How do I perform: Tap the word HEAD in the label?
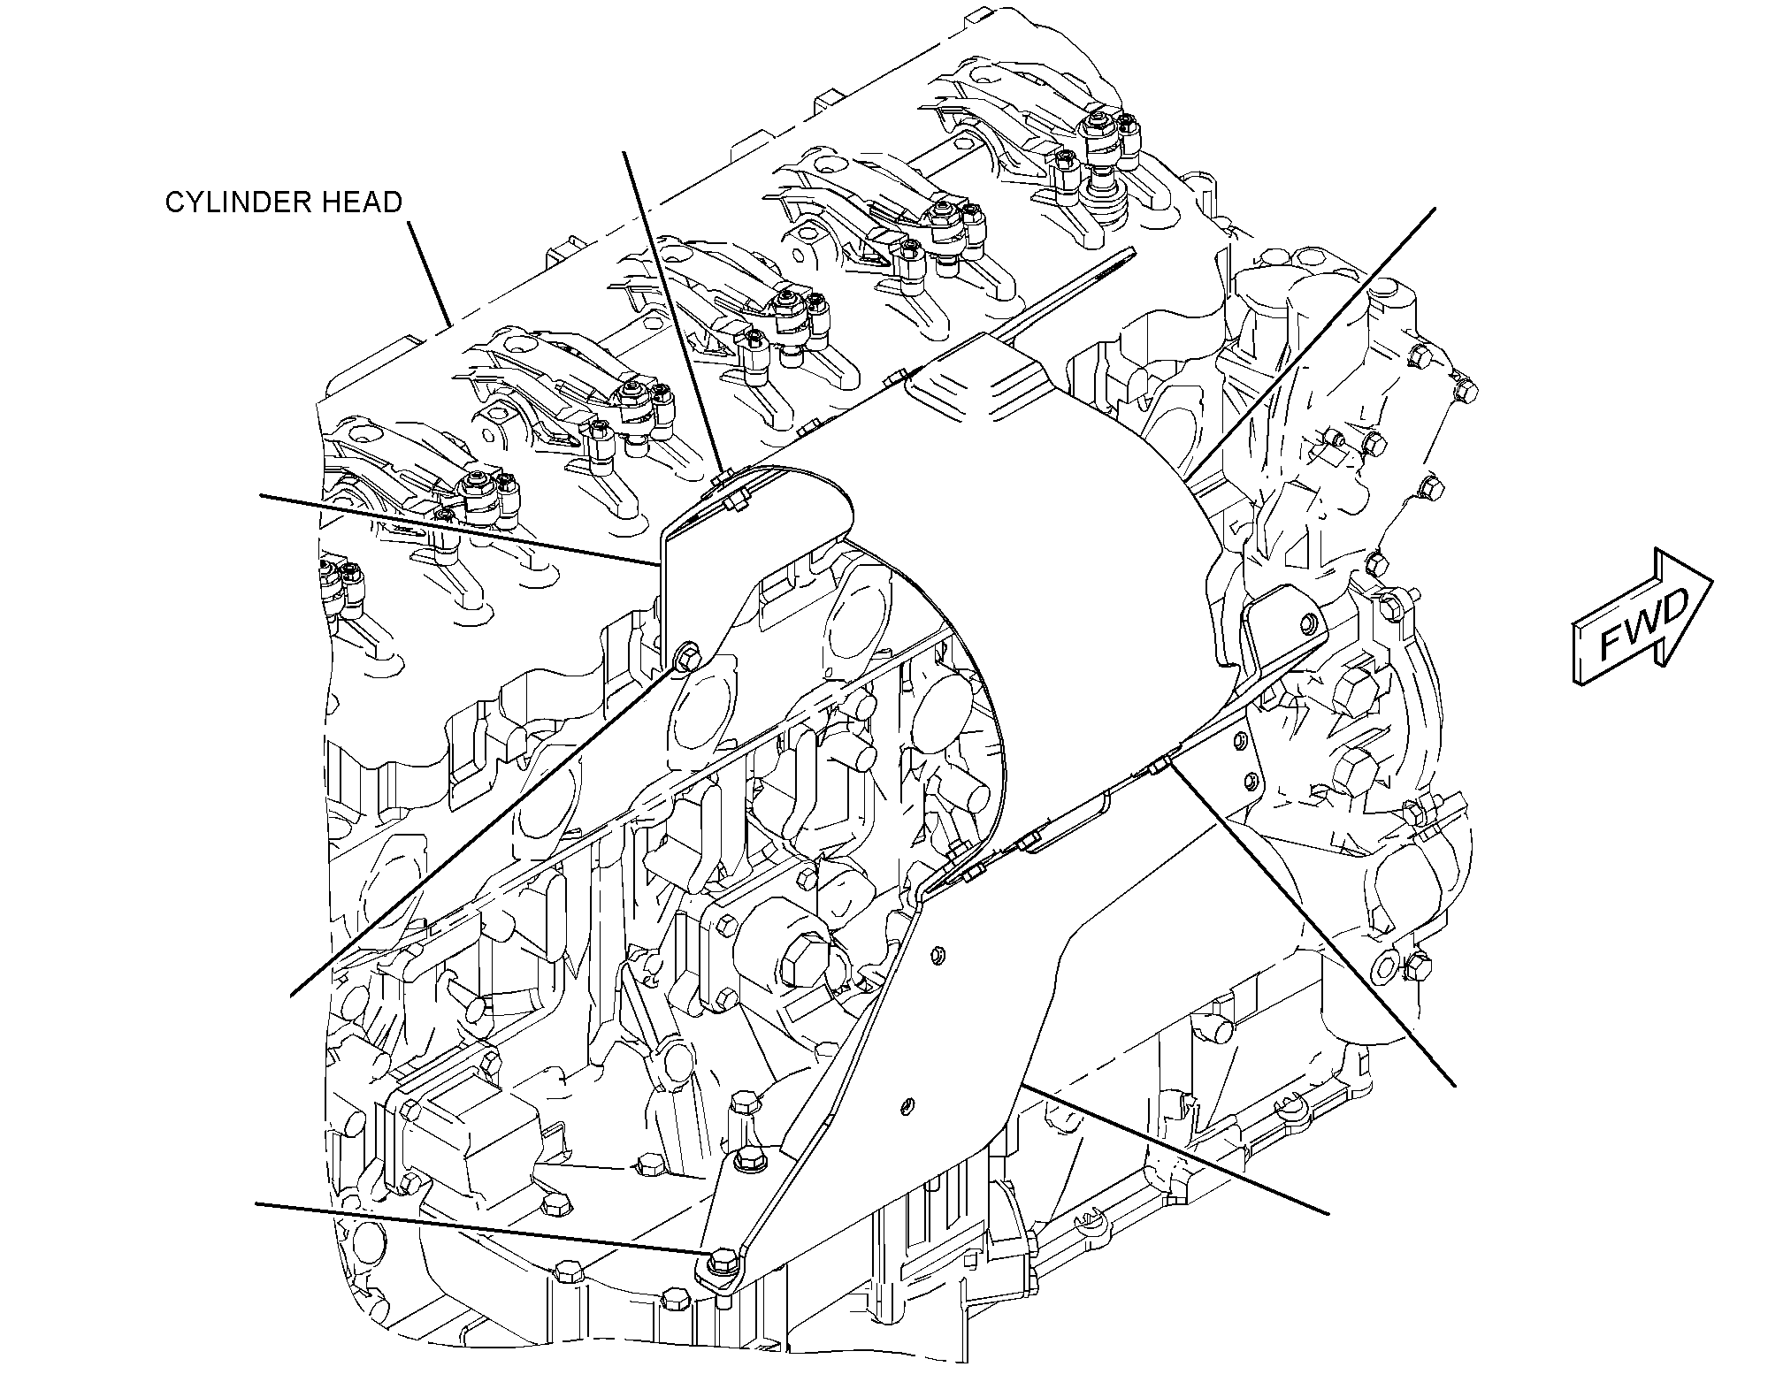(366, 202)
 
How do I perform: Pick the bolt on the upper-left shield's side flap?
(686, 659)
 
